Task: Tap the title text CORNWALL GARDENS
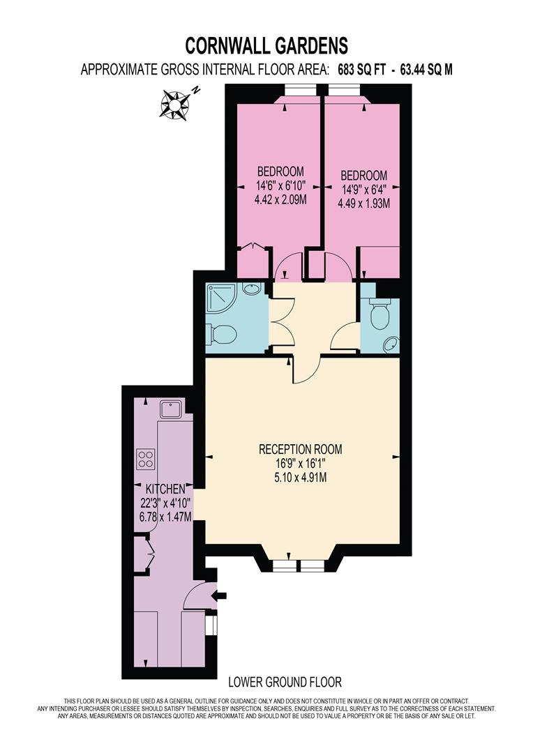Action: click(266, 46)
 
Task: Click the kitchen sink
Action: click(170, 409)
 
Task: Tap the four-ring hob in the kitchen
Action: click(146, 459)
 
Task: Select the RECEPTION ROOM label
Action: click(301, 449)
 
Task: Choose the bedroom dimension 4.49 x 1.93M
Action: click(363, 204)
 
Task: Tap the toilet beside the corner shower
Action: click(223, 335)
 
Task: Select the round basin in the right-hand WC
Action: click(391, 343)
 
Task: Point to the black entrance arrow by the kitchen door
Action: click(223, 595)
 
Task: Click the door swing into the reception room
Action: click(306, 370)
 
